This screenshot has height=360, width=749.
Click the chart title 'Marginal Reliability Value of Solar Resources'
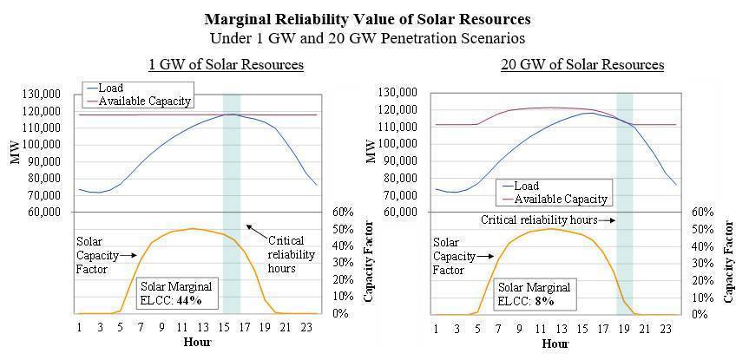pos(375,18)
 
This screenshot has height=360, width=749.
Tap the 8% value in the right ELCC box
pos(544,300)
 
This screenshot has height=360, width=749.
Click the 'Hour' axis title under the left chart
pos(198,343)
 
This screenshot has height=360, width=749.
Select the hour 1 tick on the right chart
pos(436,328)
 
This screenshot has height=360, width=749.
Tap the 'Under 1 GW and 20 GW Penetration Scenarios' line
pos(375,37)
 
